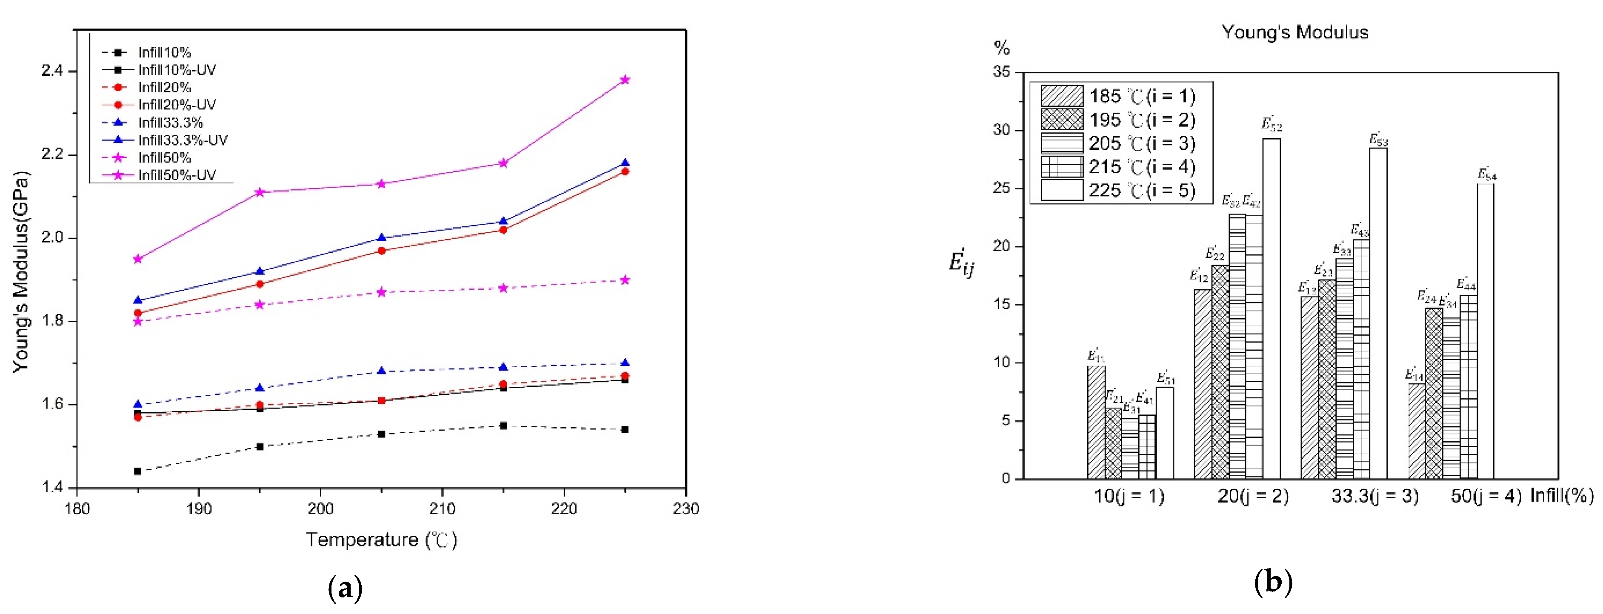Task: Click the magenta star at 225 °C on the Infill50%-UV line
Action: (625, 80)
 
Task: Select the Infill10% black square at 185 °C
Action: (137, 471)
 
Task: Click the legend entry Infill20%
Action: (164, 87)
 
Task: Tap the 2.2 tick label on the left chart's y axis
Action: (52, 154)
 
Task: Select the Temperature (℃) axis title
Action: (381, 540)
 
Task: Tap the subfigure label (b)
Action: (1273, 582)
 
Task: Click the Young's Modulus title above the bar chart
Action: (1294, 32)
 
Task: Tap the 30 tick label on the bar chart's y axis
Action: (1001, 131)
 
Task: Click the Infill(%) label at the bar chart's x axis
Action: (1561, 495)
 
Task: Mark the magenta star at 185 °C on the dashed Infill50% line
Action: (137, 322)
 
